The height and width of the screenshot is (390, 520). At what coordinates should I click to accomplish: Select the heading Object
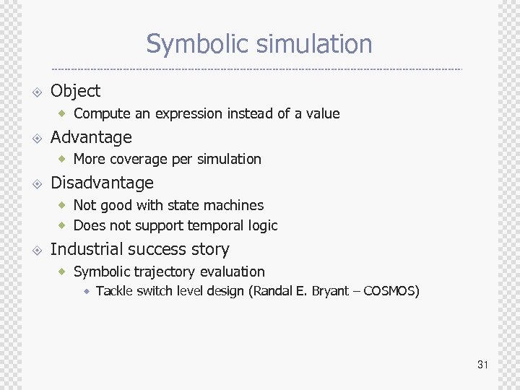pos(75,91)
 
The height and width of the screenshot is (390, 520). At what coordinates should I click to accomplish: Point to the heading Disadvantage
pos(102,183)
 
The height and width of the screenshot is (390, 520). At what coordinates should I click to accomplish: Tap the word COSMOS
pos(389,292)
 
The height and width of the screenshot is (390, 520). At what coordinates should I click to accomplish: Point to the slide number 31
pos(482,365)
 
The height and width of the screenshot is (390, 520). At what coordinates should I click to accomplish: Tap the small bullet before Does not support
pos(64,225)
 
